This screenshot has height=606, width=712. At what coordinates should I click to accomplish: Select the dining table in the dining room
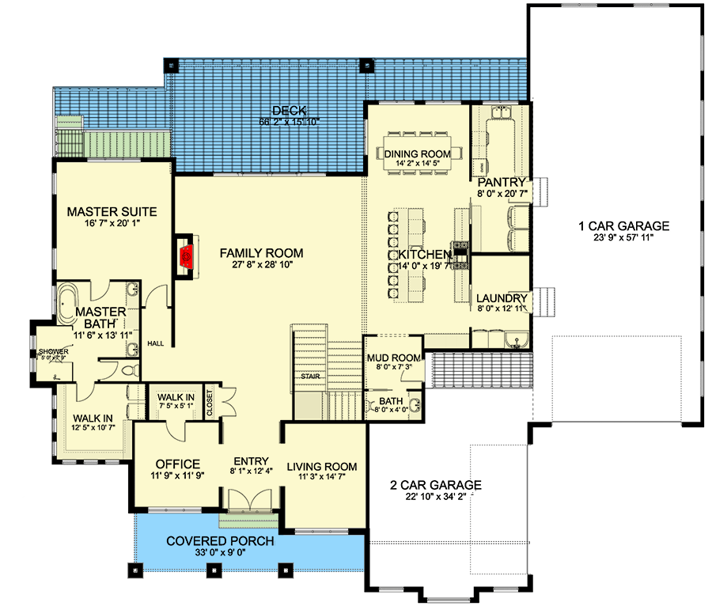[416, 153]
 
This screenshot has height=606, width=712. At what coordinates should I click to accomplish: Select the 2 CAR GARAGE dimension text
[436, 498]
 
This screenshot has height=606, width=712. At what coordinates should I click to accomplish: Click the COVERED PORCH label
[220, 541]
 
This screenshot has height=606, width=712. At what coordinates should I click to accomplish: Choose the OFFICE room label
[177, 464]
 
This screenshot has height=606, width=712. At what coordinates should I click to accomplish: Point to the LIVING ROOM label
[321, 466]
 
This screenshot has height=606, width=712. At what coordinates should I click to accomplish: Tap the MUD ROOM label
[392, 358]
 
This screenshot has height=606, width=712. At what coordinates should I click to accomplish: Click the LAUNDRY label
[501, 298]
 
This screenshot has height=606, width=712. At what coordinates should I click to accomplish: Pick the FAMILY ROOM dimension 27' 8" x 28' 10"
[262, 267]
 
